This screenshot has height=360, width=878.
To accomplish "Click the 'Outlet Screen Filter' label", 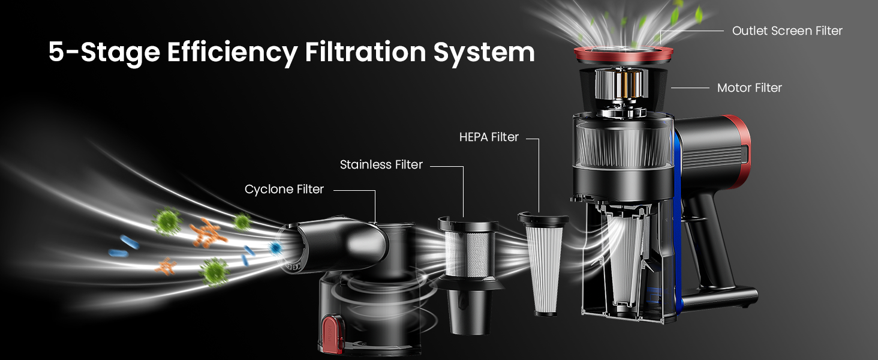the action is point(787,31).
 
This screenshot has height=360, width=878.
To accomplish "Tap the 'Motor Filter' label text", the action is point(750,88).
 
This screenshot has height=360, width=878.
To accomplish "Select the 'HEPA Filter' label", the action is point(489,137).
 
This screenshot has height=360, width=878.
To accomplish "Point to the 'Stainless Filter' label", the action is point(381,164).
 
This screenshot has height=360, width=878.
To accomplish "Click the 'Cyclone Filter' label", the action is point(284,189).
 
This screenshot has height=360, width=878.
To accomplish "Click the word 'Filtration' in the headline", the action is point(365,52).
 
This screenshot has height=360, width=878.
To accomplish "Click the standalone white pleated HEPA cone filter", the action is point(544,263).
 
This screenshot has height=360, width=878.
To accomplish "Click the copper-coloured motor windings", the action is point(622,85).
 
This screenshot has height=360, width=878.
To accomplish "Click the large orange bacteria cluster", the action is point(207,233).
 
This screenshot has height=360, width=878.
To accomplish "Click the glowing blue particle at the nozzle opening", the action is point(275,247).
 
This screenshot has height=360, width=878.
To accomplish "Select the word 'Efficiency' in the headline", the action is point(233,53).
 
